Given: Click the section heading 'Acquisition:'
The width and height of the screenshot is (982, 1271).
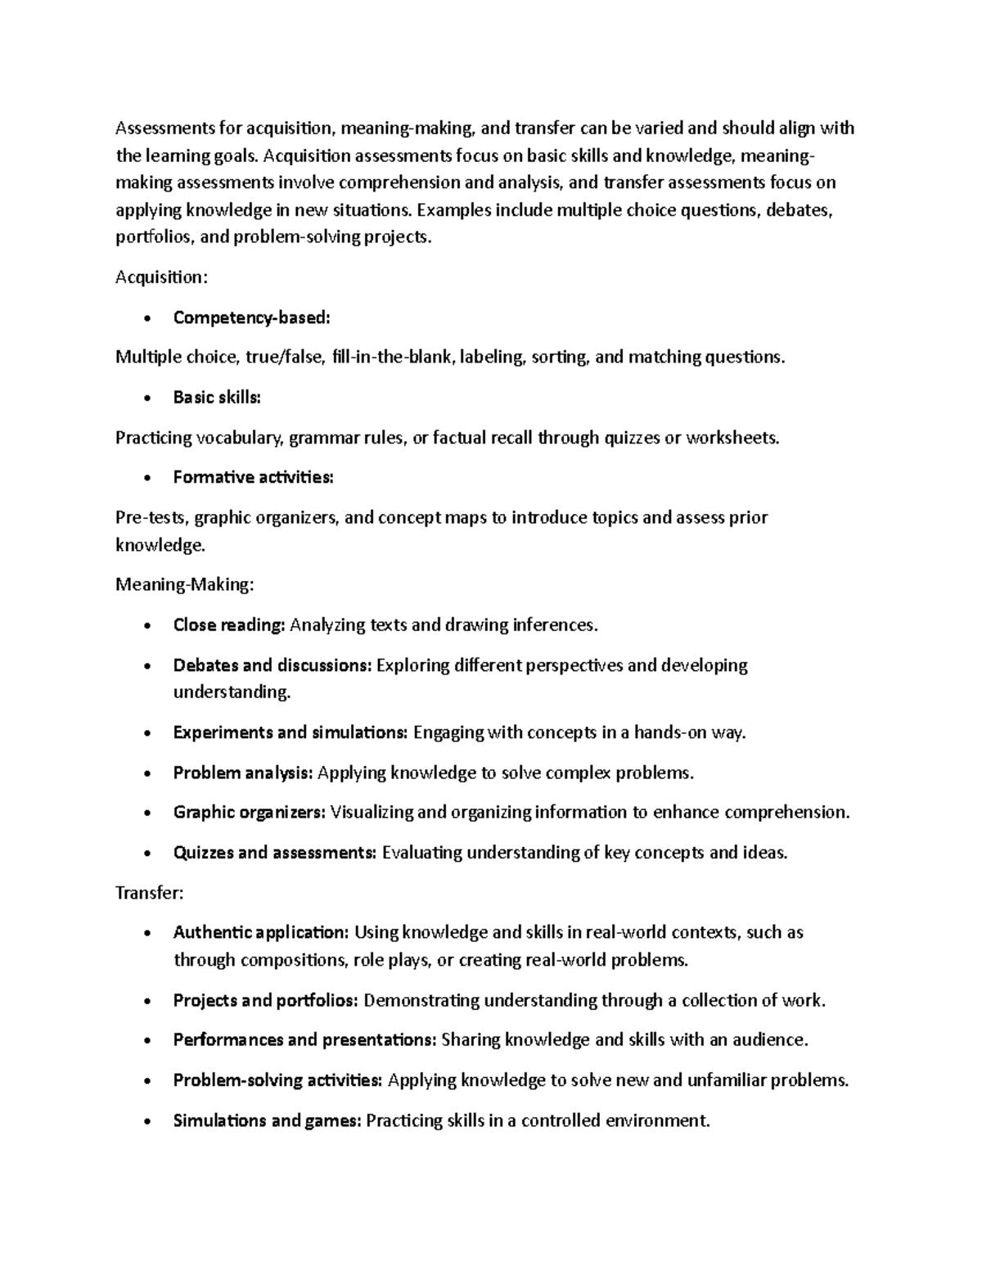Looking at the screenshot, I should tap(161, 277).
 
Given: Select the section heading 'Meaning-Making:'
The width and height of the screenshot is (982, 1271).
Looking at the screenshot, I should tap(185, 584).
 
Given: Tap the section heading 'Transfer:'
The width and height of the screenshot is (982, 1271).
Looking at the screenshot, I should tap(149, 893).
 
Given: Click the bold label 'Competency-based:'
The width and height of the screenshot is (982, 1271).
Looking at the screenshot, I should tap(251, 318).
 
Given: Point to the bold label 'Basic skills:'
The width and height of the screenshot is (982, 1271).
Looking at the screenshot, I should tap(217, 398).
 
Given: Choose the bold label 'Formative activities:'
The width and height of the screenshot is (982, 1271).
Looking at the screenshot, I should tap(253, 477).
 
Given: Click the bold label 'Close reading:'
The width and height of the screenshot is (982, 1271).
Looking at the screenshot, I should tap(228, 625).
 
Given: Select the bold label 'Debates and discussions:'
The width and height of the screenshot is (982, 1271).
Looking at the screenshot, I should tap(272, 665).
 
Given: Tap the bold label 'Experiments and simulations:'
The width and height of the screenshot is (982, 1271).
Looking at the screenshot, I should tap(290, 732).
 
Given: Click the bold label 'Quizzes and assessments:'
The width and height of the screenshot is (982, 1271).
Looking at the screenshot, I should tap(274, 853).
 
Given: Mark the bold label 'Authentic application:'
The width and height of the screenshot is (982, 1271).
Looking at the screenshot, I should tap(261, 932).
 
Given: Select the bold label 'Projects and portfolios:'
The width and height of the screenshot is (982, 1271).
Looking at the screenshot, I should tap(265, 1000).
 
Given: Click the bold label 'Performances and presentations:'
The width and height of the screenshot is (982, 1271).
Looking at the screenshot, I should tap(304, 1040).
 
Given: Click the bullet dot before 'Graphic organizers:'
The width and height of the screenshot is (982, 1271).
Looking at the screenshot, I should tap(146, 814).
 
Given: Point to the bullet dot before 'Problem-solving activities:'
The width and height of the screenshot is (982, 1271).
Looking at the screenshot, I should tap(146, 1081).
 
